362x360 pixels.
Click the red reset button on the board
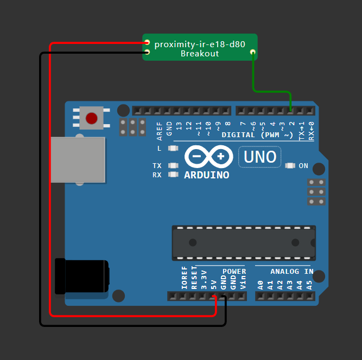[92, 118]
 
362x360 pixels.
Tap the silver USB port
[77, 159]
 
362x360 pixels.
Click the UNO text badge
[260, 157]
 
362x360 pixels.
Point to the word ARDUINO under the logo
[206, 175]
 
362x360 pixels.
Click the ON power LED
[290, 166]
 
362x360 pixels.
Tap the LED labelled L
[174, 148]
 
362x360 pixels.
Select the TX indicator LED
[174, 166]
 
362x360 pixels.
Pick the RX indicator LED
[174, 175]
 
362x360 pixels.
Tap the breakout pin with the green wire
[252, 53]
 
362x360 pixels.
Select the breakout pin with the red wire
[147, 43]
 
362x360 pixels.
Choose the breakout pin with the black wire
[147, 52]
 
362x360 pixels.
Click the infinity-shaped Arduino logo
[206, 157]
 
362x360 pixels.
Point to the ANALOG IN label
[291, 271]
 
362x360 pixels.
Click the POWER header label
[234, 271]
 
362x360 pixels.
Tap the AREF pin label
[160, 132]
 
